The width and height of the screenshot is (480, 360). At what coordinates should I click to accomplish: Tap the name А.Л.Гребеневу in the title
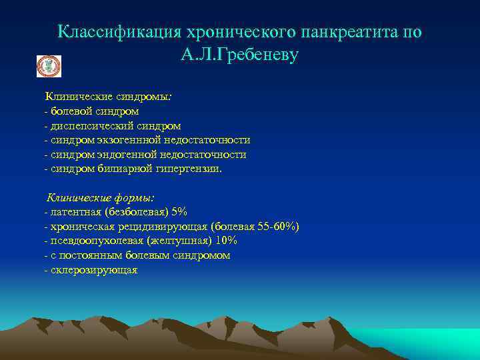239,55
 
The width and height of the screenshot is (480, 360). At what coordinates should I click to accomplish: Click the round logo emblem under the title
49,66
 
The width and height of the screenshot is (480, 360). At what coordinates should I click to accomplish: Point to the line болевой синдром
93,111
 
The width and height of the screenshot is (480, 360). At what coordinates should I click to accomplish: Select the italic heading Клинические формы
101,198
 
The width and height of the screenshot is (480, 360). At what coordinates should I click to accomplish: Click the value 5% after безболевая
179,213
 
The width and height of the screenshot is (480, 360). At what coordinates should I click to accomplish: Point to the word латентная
70,213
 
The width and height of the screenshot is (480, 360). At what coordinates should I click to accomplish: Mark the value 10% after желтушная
226,241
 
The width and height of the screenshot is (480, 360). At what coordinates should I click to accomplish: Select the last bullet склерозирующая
93,270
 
